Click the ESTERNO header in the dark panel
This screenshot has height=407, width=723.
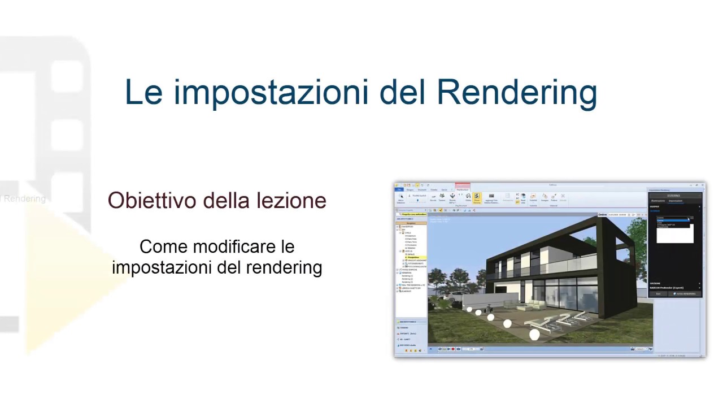point(674,196)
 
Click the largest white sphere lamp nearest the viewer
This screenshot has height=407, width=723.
point(534,335)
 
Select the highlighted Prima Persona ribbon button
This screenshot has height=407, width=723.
point(477,198)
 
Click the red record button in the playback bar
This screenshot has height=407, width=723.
point(453,349)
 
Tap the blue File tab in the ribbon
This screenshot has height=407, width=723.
point(399,189)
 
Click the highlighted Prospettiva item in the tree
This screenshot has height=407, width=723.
point(414,258)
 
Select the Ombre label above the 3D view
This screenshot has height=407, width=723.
point(602,215)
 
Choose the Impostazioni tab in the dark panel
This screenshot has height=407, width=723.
point(676,201)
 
